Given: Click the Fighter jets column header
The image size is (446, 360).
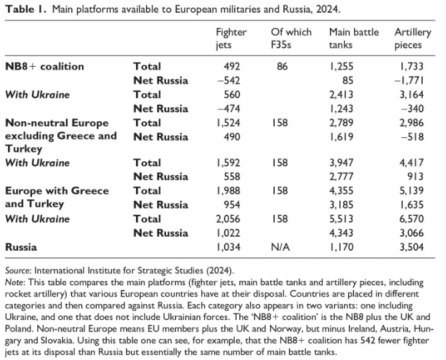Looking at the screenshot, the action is tap(231, 39).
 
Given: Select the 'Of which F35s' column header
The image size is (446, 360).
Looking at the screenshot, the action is tap(291, 39).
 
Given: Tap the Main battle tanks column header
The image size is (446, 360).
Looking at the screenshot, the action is tap(354, 39).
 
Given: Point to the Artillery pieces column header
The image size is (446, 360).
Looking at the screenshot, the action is tap(413, 39).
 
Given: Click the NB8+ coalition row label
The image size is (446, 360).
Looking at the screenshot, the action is tap(45, 67).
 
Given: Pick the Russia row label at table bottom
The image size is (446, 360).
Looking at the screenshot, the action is tap(21, 247).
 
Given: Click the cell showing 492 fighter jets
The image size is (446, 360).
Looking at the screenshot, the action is tap(232, 67).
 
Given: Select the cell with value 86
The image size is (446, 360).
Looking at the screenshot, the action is tap(282, 67).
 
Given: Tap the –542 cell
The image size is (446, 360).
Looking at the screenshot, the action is tap(229, 81).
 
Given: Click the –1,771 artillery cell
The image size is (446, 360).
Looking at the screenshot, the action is tap(409, 81).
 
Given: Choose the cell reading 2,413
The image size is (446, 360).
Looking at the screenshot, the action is tap(341, 95).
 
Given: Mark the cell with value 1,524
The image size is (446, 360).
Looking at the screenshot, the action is tap(229, 123).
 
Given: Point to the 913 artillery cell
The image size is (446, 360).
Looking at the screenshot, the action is tap(415, 177).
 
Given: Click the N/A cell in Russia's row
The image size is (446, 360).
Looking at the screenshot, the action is tap(281, 247).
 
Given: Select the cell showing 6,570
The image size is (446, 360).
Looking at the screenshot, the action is tap(411, 219).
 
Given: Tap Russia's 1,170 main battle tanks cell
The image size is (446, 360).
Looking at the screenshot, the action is tap(341, 247).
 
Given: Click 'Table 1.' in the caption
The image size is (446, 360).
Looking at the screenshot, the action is tap(25, 9).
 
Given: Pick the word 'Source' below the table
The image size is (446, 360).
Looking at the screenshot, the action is tap(17, 271).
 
